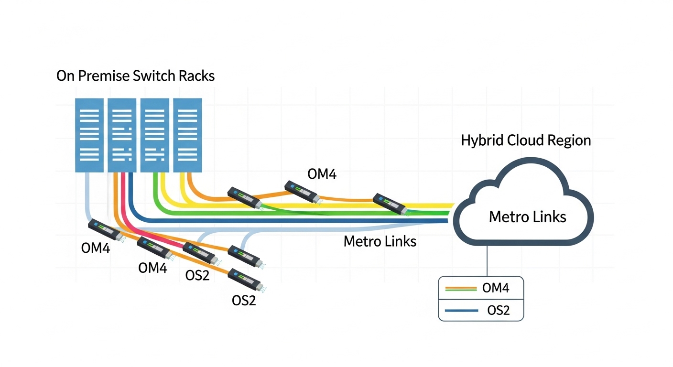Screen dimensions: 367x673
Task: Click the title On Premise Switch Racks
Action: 135,76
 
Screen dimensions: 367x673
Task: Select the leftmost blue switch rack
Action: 89,135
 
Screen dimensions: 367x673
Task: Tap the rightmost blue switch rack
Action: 187,135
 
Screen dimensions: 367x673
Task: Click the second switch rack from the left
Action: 122,135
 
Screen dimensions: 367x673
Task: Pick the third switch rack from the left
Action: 154,135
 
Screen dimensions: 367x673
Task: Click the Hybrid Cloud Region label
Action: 526,140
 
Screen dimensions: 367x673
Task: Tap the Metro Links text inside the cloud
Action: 527,217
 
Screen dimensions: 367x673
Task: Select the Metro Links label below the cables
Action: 380,241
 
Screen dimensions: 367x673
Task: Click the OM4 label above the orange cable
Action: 322,174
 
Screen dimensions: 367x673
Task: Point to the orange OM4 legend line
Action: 461,289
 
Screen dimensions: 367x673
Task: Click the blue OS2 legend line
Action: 461,311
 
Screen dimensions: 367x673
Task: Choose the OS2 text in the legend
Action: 498,311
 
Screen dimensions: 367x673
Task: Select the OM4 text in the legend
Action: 496,288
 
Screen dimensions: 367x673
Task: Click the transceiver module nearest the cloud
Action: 390,204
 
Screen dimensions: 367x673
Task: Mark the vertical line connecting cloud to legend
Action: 487,261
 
